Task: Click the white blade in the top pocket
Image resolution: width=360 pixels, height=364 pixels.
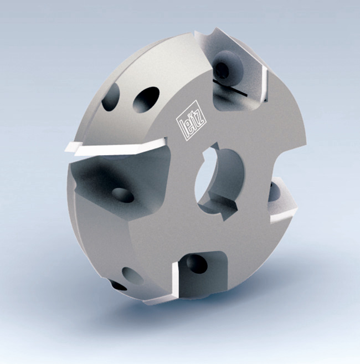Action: coord(264,84)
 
